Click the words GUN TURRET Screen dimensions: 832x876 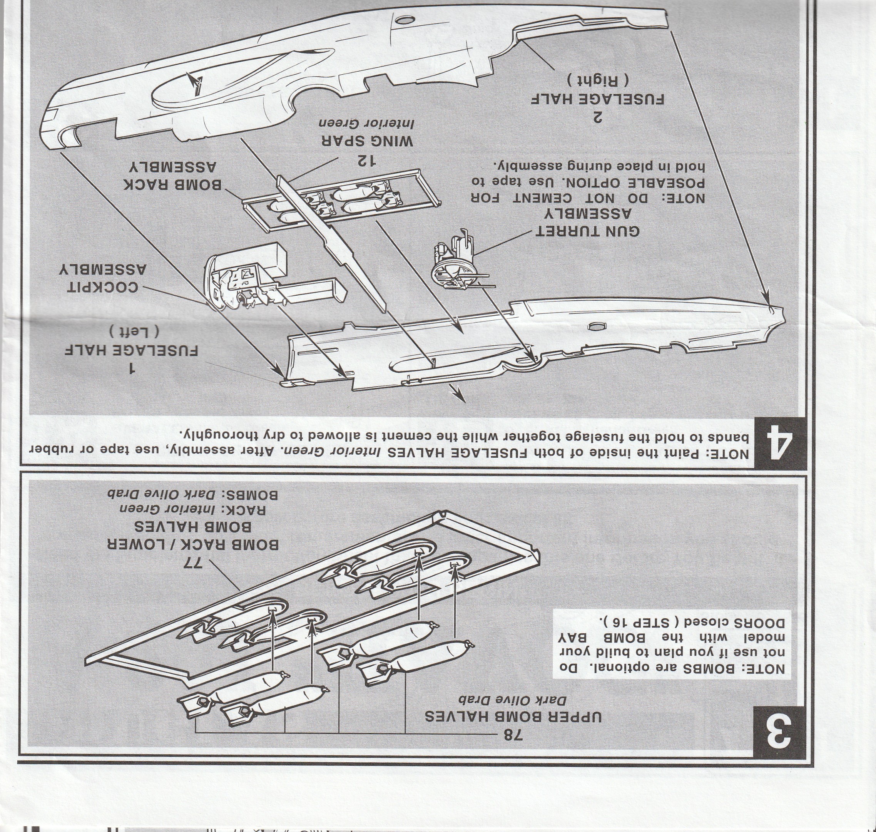(588, 231)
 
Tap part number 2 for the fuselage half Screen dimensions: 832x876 (598, 117)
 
